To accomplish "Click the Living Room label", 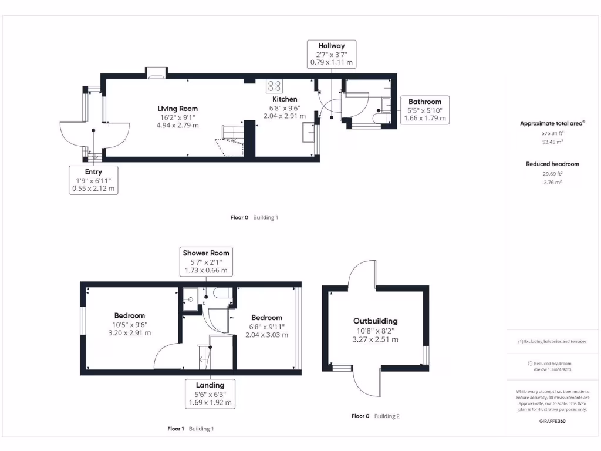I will tap(177, 109).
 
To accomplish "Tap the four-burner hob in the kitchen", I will tap(274, 86).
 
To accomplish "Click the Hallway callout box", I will tap(332, 53).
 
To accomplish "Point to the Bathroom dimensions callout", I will tap(425, 110).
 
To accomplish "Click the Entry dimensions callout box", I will tap(93, 180).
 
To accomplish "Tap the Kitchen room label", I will tap(285, 99).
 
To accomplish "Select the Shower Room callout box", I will tap(205, 261).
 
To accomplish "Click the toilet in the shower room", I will tap(222, 294).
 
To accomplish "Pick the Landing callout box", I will tap(210, 394).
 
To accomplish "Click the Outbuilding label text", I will tap(375, 321).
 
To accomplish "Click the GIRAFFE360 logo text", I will tap(552, 421).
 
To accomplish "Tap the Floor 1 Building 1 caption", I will tap(191, 429).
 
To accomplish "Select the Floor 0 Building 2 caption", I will tap(376, 416).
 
